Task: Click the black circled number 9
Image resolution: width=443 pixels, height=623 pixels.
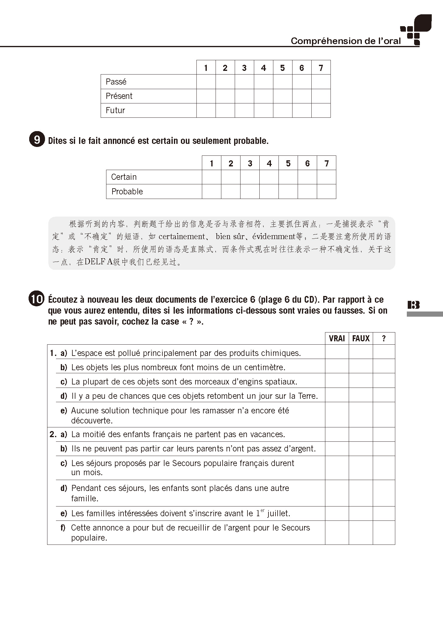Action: point(37,140)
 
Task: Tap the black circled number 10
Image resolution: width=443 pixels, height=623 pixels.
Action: point(36,299)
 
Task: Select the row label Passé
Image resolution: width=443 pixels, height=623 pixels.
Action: point(116,82)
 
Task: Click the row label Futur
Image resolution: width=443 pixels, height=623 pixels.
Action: point(115,110)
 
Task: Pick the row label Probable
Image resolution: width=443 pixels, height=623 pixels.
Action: point(127,192)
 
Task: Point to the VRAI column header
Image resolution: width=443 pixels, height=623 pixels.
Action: point(337,339)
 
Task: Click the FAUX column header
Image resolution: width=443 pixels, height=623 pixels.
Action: point(361,339)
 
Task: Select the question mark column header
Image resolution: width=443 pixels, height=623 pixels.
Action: point(384,339)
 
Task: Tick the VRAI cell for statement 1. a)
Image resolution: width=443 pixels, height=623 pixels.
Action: point(337,352)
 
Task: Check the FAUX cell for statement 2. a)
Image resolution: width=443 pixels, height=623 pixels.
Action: point(361,434)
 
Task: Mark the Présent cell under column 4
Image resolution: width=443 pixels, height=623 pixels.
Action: point(263,96)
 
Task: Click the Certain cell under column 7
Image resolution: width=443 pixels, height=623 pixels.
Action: point(326,177)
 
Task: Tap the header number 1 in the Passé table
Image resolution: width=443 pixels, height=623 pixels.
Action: point(206,68)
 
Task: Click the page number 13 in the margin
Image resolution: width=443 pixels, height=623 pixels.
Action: point(414,305)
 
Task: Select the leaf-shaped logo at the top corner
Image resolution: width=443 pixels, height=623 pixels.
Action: point(423,23)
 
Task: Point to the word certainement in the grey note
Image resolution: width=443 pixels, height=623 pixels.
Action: point(182,237)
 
